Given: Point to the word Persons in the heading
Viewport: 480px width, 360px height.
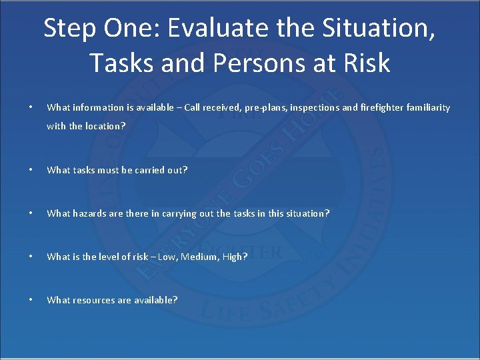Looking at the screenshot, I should [247, 63].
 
